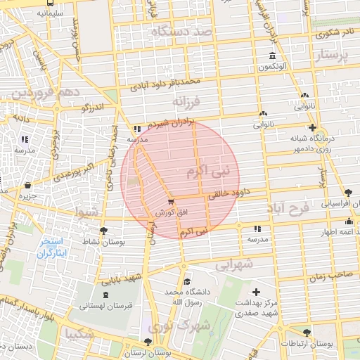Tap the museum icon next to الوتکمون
pyautogui.click(x=272, y=56)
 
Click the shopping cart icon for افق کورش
pyautogui.click(x=171, y=202)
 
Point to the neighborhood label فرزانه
pyautogui.click(x=186, y=101)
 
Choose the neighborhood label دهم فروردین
pyautogui.click(x=38, y=93)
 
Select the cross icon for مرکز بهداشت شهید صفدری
pyautogui.click(x=255, y=292)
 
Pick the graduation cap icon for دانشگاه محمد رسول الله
pyautogui.click(x=186, y=281)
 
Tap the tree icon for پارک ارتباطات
pyautogui.click(x=306, y=333)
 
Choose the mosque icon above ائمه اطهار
pyautogui.click(x=349, y=221)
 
